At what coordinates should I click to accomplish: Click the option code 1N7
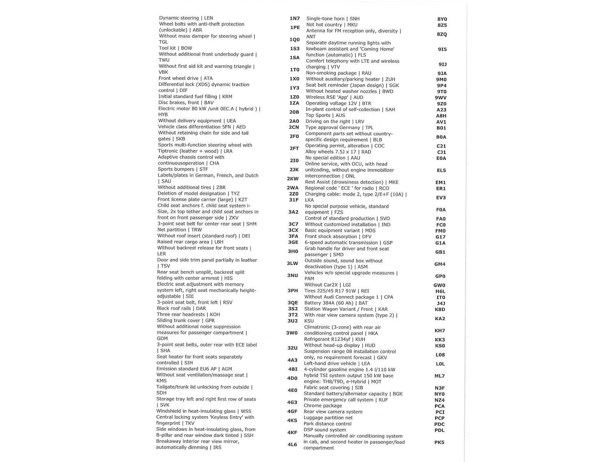(295, 18)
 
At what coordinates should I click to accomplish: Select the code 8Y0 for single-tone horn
(442, 19)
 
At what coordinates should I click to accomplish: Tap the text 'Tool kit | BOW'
(175, 48)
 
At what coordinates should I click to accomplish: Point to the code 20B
(294, 112)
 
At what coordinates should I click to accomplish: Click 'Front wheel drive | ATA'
(186, 78)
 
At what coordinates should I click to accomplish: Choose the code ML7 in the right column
(440, 376)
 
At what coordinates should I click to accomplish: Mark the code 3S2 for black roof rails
(293, 309)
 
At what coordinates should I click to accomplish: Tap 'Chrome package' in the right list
(323, 406)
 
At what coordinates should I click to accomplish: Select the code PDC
(439, 424)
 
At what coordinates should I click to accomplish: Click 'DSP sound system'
(325, 430)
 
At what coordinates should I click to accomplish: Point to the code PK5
(439, 442)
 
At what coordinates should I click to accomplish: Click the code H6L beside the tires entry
(440, 291)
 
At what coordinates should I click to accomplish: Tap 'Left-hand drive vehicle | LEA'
(337, 363)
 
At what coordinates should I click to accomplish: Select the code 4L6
(292, 445)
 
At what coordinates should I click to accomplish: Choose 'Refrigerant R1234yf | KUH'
(335, 340)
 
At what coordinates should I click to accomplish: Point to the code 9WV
(441, 98)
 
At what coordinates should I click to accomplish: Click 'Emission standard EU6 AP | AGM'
(194, 369)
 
